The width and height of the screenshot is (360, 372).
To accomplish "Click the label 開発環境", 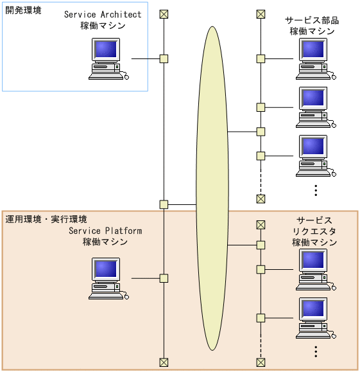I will (24, 11).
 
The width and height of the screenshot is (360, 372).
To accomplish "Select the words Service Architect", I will (103, 15).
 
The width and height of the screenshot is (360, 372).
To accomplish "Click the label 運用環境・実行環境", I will (46, 219).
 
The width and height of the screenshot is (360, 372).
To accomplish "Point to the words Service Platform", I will (105, 231).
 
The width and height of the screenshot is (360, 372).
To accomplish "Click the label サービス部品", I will (312, 21).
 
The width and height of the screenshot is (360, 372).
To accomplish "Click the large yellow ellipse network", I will (212, 188).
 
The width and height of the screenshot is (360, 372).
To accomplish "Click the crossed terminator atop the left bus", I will (164, 14).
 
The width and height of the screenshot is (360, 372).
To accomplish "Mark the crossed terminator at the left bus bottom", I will (164, 362).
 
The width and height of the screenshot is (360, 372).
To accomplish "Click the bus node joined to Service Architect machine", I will (164, 58).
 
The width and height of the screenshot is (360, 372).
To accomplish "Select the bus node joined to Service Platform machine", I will (164, 278).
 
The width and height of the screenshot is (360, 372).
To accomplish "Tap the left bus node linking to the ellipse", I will (164, 204).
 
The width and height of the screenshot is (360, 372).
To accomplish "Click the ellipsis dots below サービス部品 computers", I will (316, 190).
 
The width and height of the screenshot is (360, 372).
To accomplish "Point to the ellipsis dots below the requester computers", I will (316, 351).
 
